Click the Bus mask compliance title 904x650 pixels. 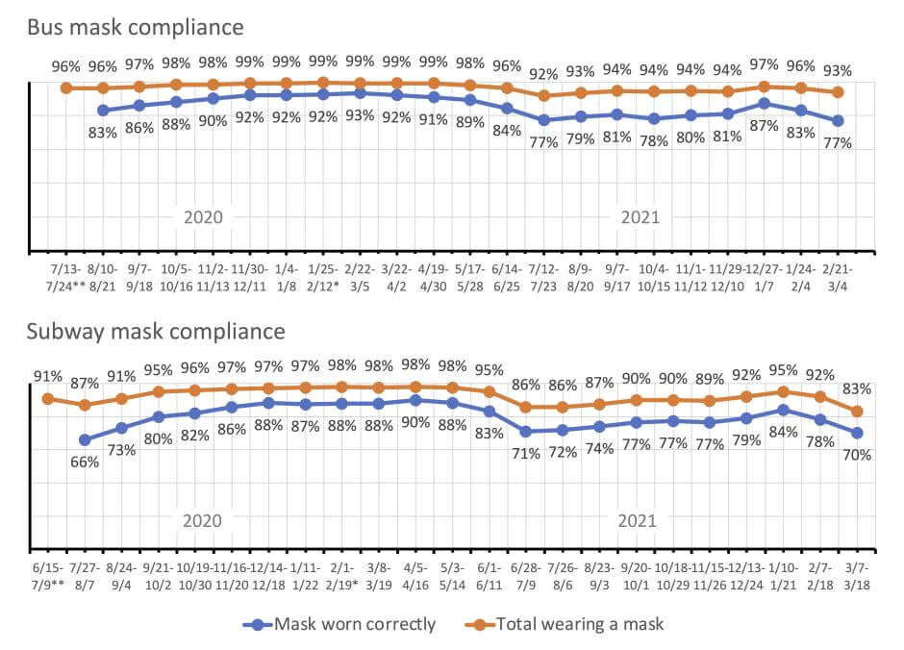[135, 26]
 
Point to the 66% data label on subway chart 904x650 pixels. [85, 462]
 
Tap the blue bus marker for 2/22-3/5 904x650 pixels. [360, 93]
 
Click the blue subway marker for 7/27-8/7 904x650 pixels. [85, 439]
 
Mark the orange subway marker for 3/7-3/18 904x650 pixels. [857, 412]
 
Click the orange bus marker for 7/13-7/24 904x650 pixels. [65, 87]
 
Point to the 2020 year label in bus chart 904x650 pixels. [203, 217]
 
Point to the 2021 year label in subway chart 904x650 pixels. [637, 521]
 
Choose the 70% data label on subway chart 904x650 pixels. [857, 454]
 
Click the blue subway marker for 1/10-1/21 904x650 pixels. [784, 410]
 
